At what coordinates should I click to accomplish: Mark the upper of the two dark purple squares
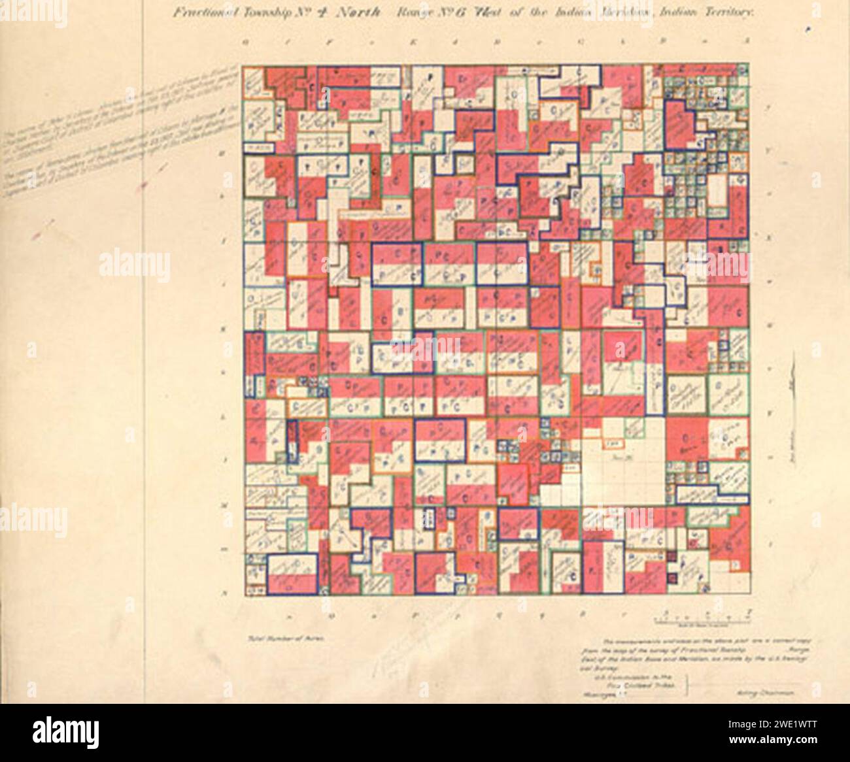click(x=670, y=556)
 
